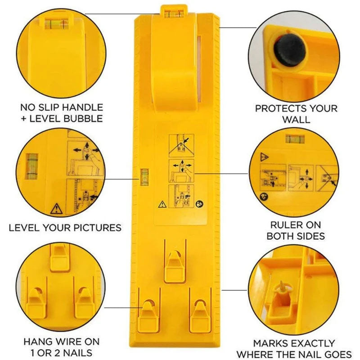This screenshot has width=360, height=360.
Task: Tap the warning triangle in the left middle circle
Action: click(x=57, y=208)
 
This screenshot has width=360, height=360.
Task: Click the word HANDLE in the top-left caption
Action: click(x=79, y=108)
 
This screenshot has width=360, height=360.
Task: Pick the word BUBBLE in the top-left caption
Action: click(x=79, y=119)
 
